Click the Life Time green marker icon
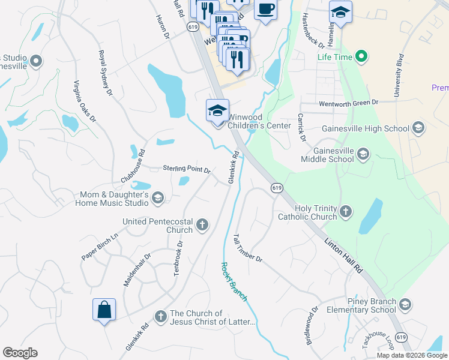point(361,58)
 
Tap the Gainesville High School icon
point(418,128)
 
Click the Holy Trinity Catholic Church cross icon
point(345,211)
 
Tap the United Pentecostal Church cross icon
point(202,225)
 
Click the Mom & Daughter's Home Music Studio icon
point(157,198)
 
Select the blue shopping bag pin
point(104,310)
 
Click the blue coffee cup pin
point(265,10)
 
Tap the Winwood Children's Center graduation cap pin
point(217,110)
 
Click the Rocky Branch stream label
point(234,282)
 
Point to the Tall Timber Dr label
point(247,248)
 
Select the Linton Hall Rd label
point(344,256)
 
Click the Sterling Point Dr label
point(187,169)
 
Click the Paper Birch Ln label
point(100,247)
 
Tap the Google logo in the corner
point(20,353)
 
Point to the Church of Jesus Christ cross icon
point(160,316)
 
